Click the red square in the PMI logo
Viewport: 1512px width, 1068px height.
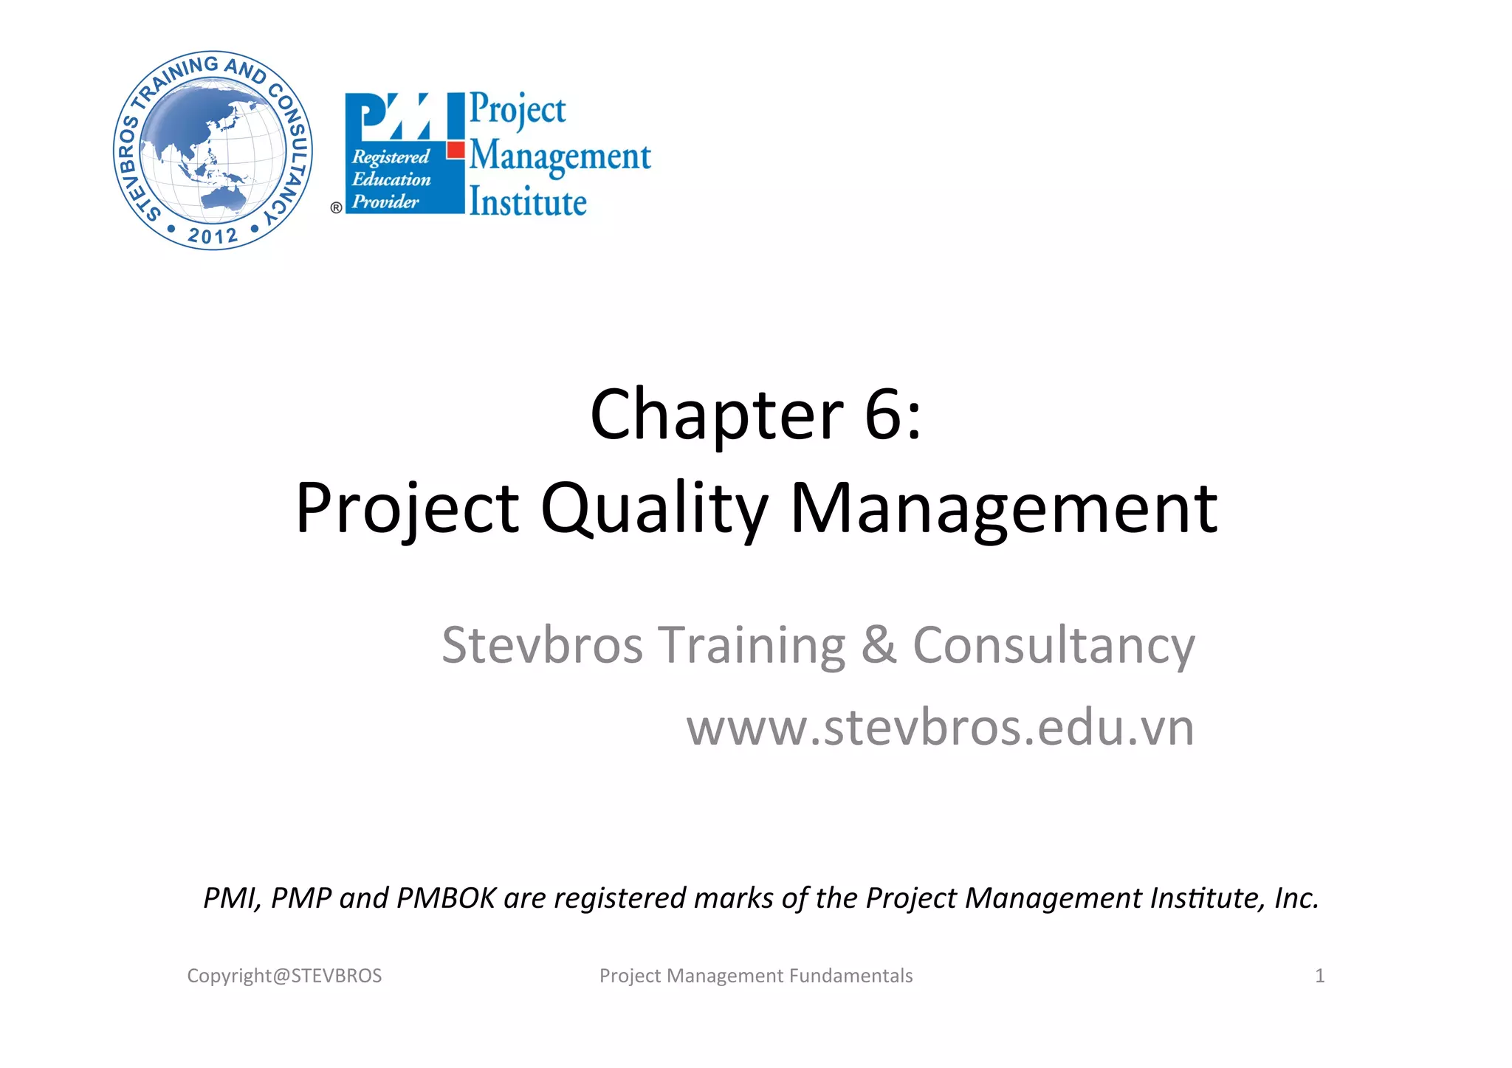pos(456,150)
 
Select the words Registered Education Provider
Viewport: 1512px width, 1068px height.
pos(391,179)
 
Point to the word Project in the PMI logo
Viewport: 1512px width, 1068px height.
pos(518,109)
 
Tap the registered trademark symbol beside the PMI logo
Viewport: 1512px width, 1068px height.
pos(336,208)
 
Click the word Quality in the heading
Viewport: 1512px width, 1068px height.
pos(654,509)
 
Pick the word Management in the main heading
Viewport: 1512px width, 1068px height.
pos(1003,509)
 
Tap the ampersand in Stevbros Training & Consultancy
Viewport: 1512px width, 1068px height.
pos(878,644)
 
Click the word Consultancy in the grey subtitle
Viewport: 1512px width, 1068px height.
pos(1054,646)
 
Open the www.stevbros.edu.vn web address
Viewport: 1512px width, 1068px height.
pos(940,728)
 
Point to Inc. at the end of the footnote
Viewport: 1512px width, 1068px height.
pos(1296,898)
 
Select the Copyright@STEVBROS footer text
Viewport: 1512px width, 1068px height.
pos(284,976)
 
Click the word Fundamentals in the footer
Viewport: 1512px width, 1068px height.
pos(850,976)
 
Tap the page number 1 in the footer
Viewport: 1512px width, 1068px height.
pos(1319,976)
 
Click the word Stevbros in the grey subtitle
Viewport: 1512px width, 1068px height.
pos(542,646)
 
